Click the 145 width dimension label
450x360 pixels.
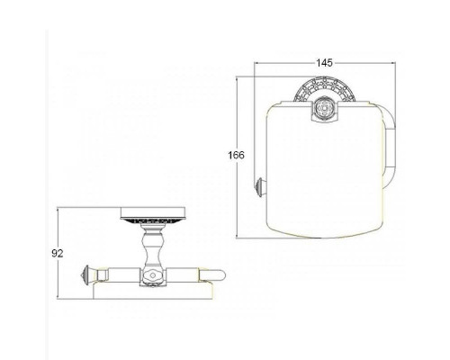click(324, 63)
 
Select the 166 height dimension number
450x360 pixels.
click(237, 156)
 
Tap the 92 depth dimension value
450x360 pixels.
click(58, 254)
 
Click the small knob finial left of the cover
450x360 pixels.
click(259, 187)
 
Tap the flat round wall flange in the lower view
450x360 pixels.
click(153, 215)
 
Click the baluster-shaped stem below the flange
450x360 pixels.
click(153, 245)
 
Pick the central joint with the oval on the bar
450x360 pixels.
click(153, 276)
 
